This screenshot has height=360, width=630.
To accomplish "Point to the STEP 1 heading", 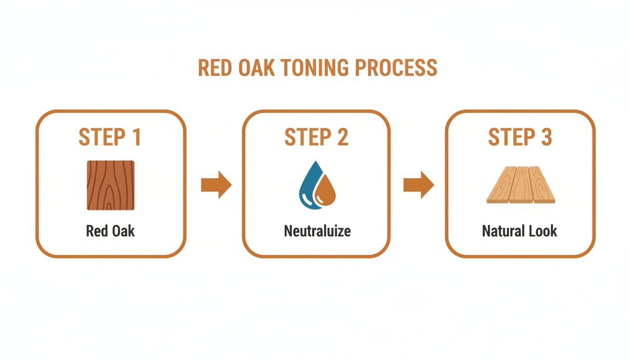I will (110, 137).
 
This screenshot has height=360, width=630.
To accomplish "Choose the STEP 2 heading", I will (316, 137).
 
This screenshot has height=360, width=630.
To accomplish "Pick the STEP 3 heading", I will (520, 137).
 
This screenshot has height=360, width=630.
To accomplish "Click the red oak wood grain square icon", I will (111, 185).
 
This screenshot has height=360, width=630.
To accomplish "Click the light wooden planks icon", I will (520, 186).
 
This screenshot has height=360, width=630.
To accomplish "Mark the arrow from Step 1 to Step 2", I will (216, 185).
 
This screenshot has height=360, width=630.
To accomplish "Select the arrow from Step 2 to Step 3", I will (419, 185).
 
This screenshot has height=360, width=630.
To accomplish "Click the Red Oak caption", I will (111, 231).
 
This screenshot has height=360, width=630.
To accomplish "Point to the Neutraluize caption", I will (317, 231).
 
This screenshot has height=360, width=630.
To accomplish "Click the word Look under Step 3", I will (542, 231).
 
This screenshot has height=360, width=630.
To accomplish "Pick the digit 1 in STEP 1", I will (135, 137).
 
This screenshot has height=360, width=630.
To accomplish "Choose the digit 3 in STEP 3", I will (545, 137).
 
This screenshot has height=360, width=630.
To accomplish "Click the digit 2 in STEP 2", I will (342, 137).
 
